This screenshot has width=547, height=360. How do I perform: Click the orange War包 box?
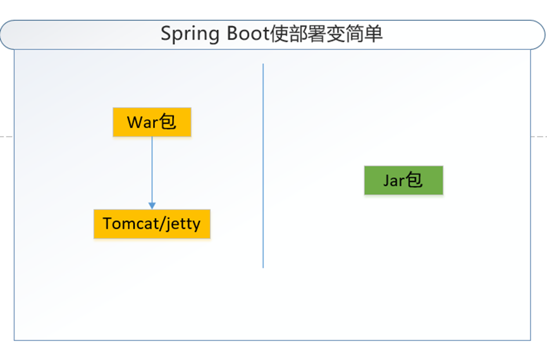point(152,122)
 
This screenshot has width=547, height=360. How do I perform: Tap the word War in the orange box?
point(142,122)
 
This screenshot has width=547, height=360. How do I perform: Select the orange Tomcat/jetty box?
point(152,224)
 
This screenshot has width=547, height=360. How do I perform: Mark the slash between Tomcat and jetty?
point(160,224)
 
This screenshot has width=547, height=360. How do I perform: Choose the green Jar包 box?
point(403,180)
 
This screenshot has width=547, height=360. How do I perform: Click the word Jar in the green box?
point(393,180)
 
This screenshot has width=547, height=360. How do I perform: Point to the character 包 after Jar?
point(414,180)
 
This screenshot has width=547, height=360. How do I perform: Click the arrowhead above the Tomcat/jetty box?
point(152,205)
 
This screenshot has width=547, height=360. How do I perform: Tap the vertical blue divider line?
point(263,164)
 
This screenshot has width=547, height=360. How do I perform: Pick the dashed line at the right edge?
point(539,136)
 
